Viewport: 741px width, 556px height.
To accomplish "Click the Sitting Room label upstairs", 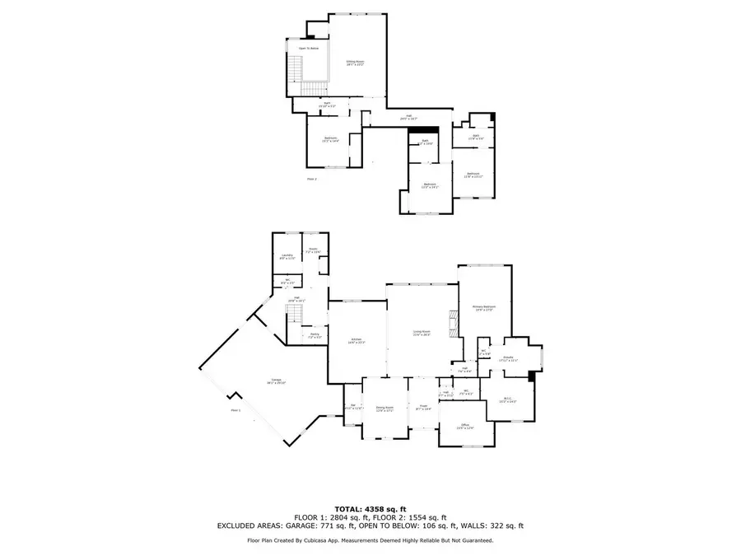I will (355, 62).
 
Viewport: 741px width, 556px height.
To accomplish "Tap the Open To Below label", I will (309, 49).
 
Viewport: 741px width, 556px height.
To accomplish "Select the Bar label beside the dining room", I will (352, 406).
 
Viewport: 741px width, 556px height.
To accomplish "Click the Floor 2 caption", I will (311, 178).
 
